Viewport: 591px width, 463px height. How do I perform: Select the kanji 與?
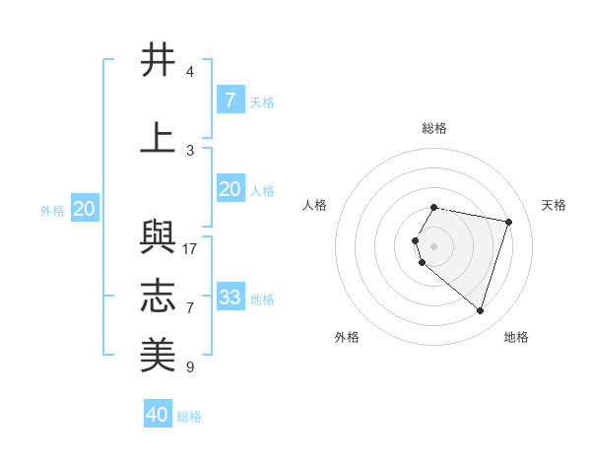[158, 236]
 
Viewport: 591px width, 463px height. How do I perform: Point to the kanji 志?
[158, 295]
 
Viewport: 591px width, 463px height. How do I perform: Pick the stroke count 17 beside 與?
[190, 248]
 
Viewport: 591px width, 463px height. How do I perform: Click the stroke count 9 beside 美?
[190, 367]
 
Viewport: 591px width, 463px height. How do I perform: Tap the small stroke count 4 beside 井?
[190, 72]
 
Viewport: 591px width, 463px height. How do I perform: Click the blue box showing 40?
[158, 415]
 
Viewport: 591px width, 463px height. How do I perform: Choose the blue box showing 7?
[230, 99]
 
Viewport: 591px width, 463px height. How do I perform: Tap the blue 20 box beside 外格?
[85, 209]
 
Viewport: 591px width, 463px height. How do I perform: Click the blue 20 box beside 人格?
[230, 189]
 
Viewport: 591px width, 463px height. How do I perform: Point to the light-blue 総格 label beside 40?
[189, 417]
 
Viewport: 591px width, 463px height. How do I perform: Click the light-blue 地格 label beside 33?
[263, 298]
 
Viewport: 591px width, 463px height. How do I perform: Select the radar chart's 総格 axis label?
[434, 128]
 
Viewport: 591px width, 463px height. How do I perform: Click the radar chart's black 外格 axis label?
[347, 337]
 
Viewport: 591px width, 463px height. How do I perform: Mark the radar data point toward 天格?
[509, 222]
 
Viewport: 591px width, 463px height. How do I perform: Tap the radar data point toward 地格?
[480, 311]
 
